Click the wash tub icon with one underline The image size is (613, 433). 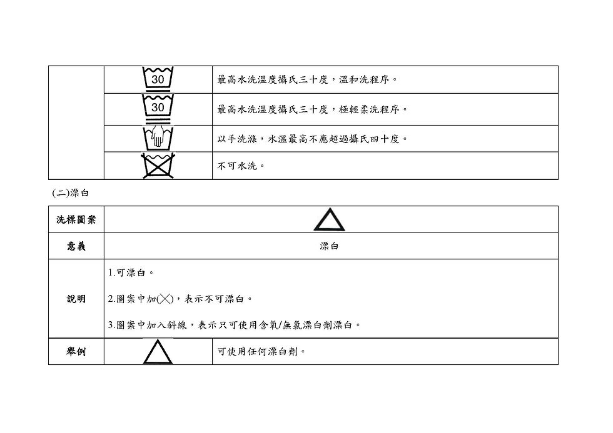click(x=158, y=79)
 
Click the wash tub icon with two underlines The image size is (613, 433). click(x=158, y=108)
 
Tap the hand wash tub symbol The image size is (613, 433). click(x=158, y=137)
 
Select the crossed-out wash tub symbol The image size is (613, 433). click(x=158, y=166)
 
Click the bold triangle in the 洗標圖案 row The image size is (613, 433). click(x=329, y=219)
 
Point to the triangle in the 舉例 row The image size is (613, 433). click(x=158, y=352)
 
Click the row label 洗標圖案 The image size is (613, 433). click(x=76, y=220)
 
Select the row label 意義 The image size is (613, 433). click(x=76, y=246)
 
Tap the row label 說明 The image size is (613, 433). click(x=76, y=299)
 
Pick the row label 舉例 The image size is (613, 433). click(x=76, y=352)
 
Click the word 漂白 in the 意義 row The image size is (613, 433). click(x=330, y=246)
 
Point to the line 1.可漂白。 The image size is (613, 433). click(x=131, y=273)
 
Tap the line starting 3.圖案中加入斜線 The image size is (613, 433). click(x=235, y=325)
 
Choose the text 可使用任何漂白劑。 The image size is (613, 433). click(x=261, y=352)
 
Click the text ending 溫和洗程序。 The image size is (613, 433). click(x=308, y=80)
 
